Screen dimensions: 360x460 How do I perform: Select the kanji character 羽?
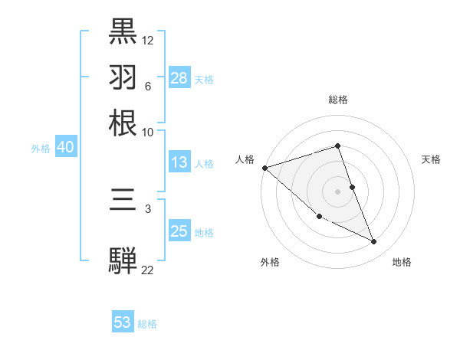[123, 77]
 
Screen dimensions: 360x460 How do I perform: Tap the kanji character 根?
[123, 123]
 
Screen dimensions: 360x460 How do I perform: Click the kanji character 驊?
[123, 261]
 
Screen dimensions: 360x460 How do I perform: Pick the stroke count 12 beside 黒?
[148, 40]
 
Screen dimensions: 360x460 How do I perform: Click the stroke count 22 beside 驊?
[148, 270]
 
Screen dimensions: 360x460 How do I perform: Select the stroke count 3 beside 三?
[148, 208]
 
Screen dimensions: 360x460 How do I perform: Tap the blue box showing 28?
[179, 78]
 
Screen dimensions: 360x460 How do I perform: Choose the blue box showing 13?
[179, 162]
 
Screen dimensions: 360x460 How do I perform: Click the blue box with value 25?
[179, 231]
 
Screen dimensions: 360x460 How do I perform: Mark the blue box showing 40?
[65, 148]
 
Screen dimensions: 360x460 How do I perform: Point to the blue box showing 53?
[123, 322]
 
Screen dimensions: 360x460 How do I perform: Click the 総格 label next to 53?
[147, 324]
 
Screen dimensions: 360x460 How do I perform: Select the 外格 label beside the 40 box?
[41, 149]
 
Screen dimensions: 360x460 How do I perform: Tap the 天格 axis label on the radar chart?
[432, 159]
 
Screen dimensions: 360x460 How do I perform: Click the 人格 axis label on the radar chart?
[245, 159]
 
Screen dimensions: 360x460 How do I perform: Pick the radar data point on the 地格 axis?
[373, 242]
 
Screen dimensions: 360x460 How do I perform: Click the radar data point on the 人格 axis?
[264, 168]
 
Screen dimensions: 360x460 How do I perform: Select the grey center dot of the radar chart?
[337, 191]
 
